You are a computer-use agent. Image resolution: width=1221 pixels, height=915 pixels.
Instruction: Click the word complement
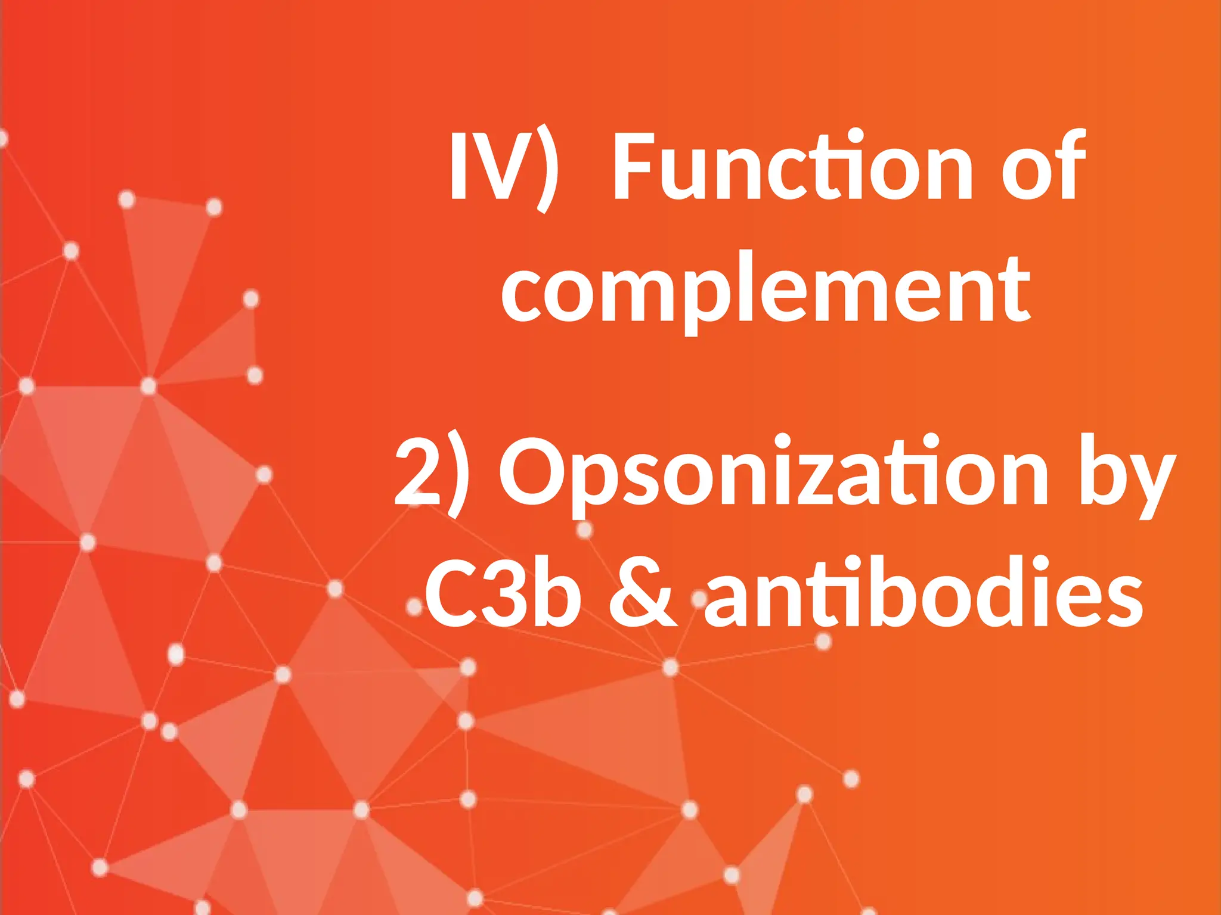click(x=766, y=290)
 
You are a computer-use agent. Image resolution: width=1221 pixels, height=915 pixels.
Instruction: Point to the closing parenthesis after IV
click(x=546, y=170)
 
